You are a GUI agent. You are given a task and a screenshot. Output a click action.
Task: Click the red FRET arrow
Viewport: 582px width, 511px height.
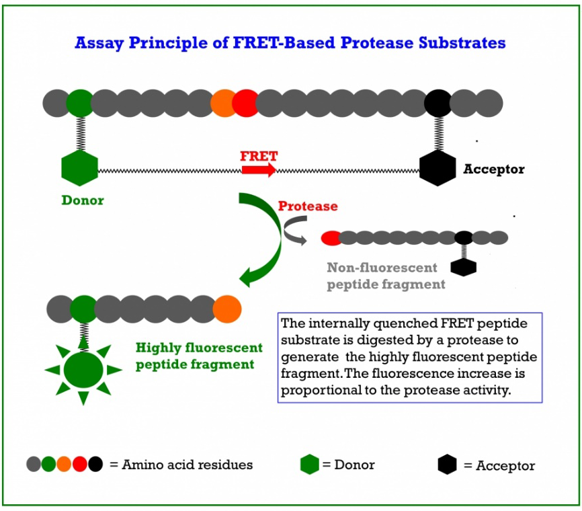[x=259, y=170]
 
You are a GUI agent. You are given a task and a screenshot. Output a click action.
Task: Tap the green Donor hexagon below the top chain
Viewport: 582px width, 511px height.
[x=79, y=168]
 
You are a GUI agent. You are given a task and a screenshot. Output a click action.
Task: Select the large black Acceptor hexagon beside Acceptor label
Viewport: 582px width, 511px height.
[x=438, y=168]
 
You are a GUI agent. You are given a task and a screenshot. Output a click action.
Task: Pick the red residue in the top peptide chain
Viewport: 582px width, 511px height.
[x=245, y=104]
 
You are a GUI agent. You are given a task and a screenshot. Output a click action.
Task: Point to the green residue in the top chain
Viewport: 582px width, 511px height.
[x=80, y=104]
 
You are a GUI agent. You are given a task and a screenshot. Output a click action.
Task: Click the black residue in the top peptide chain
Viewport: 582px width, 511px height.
[x=438, y=104]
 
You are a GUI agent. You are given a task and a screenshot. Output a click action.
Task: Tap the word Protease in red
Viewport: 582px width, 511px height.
[x=308, y=206]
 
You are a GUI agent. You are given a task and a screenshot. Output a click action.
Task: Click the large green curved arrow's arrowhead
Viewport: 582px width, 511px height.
[x=249, y=276]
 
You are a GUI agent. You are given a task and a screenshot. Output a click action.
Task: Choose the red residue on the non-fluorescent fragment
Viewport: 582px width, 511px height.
[x=331, y=237]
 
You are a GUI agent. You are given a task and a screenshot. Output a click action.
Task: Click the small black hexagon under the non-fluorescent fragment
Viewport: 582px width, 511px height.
[x=464, y=268]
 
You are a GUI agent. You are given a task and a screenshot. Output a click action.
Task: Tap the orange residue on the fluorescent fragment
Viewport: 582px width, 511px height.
[x=227, y=309]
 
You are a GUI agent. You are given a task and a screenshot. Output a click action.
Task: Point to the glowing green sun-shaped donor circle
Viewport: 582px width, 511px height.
[x=83, y=370]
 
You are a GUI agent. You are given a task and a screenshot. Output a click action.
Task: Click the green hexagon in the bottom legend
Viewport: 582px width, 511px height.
[x=310, y=464]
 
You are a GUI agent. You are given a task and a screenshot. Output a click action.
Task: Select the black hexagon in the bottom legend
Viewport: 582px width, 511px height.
[x=448, y=464]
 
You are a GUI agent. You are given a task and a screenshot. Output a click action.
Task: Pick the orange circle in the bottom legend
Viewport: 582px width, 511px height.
[x=64, y=464]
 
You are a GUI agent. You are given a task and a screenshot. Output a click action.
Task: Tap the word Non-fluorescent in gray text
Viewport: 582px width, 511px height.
[x=382, y=268]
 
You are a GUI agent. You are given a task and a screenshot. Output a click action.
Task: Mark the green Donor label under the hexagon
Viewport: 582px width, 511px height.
[x=83, y=200]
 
